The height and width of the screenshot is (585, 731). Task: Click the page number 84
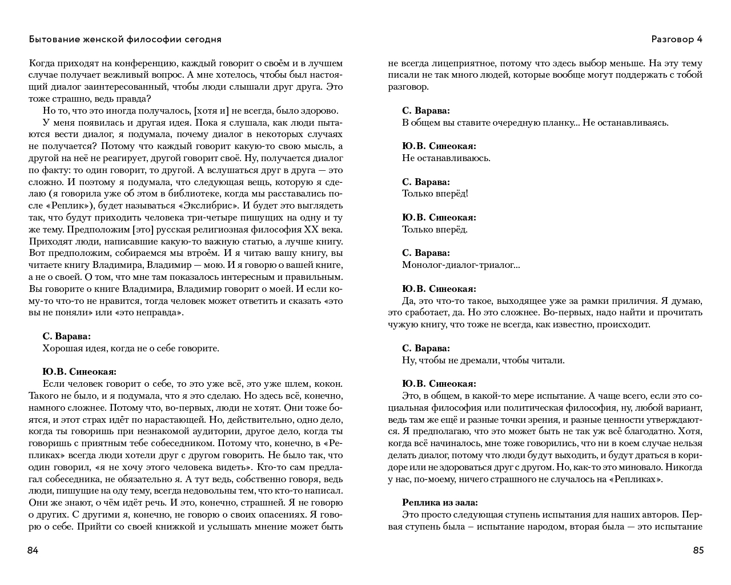point(33,551)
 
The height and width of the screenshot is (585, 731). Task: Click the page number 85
point(698,551)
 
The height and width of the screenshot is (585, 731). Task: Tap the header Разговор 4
point(677,39)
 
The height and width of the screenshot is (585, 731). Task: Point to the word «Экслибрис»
point(211,206)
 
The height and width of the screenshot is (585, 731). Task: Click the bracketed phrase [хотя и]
point(211,111)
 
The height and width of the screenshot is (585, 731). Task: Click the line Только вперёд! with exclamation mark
point(435,194)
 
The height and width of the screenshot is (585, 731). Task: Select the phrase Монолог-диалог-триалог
point(460,265)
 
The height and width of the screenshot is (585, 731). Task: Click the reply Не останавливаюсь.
point(446,158)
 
